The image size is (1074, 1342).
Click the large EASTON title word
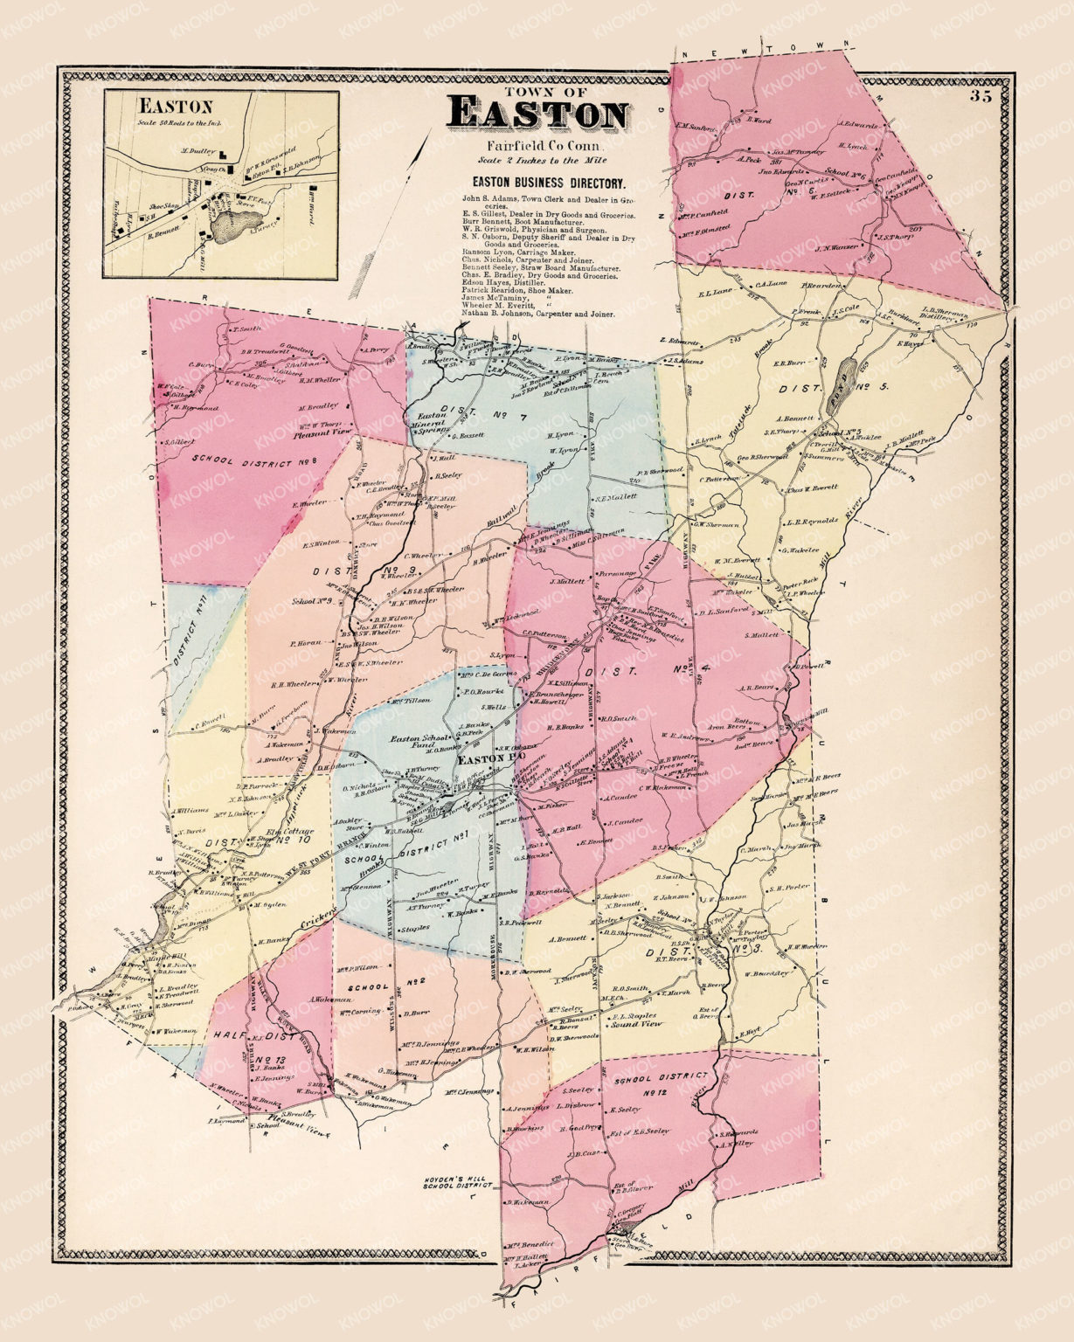(537, 114)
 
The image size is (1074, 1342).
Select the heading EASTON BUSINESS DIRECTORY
(548, 184)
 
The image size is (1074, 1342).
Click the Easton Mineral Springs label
(432, 423)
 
